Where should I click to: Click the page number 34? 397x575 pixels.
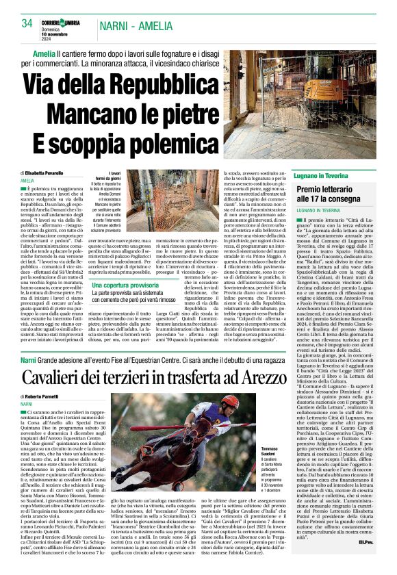point(27,23)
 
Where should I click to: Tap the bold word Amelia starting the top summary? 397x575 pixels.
point(44,53)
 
